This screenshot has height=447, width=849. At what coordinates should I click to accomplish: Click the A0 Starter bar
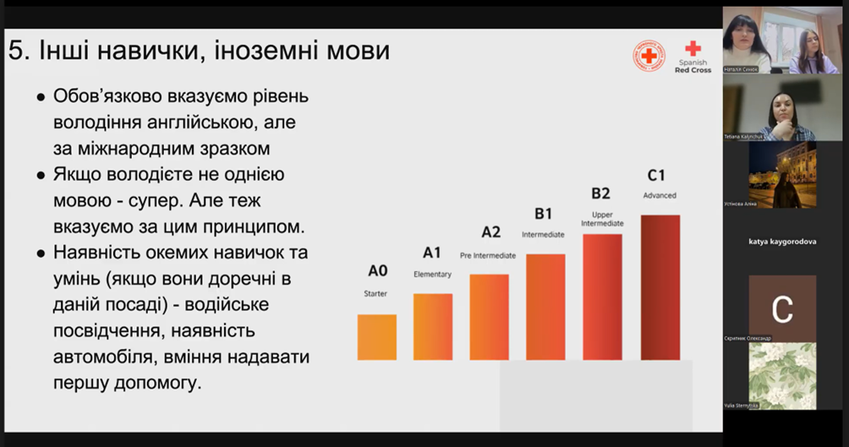tap(377, 337)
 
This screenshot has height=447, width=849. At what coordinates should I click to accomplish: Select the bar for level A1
tap(433, 327)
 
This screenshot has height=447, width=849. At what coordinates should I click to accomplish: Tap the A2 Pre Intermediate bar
tap(490, 317)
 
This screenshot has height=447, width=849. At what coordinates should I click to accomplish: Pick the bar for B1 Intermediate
tap(545, 307)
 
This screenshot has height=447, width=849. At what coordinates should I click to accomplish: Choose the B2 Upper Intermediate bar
tap(602, 297)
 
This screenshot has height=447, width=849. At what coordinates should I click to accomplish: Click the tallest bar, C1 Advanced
tap(660, 287)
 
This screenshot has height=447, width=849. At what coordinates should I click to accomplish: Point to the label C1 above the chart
tap(656, 176)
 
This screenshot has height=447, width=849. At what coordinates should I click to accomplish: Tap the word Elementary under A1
tap(432, 274)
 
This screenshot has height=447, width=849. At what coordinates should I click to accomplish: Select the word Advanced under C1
tap(660, 195)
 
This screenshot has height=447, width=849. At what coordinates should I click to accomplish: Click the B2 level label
tap(600, 194)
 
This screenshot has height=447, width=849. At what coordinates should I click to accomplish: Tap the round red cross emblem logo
tap(649, 56)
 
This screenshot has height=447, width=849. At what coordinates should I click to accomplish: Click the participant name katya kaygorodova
tap(782, 241)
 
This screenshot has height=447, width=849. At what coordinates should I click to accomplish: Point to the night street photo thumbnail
tap(782, 174)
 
